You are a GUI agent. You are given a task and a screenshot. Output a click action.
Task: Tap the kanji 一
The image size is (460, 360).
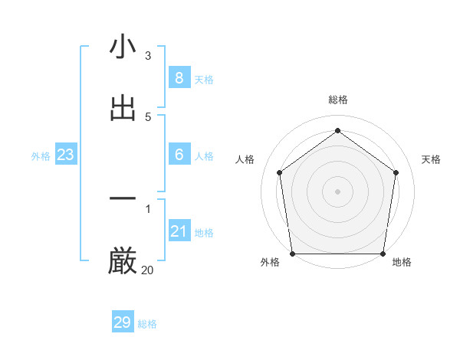coord(123,200)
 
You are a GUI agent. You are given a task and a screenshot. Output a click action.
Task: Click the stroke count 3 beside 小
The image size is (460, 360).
coord(147,56)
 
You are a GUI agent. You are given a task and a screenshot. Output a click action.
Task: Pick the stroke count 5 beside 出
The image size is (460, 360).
coord(147,116)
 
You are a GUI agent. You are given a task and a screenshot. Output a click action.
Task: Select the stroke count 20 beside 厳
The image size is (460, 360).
coord(147,270)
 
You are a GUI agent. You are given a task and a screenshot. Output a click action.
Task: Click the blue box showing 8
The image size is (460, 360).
coord(179,78)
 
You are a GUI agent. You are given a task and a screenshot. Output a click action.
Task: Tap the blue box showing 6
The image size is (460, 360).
coord(179,155)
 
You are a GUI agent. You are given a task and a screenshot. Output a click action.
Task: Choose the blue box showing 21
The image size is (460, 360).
coord(179,231)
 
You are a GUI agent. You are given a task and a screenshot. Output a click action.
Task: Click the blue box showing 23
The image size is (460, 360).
coord(66,155)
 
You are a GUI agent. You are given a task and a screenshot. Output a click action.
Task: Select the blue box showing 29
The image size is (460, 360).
coord(123,322)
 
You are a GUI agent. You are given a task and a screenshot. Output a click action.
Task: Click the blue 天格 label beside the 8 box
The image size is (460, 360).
coord(204,80)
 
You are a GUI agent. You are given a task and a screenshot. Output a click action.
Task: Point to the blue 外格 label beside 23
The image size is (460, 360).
coord(41,156)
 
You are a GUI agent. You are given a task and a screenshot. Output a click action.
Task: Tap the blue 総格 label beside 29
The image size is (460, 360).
coord(148,324)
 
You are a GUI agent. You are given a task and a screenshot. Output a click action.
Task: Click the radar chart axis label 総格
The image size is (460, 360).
coord(338,100)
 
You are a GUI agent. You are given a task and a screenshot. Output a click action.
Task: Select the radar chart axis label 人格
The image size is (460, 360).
coord(245,159)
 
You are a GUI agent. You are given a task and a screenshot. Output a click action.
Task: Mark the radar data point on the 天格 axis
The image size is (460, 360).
coord(396,172)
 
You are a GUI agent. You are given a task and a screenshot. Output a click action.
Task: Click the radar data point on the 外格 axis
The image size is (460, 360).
coord(293,254)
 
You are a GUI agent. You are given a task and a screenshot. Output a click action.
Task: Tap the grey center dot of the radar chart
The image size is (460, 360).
coord(337,191)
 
